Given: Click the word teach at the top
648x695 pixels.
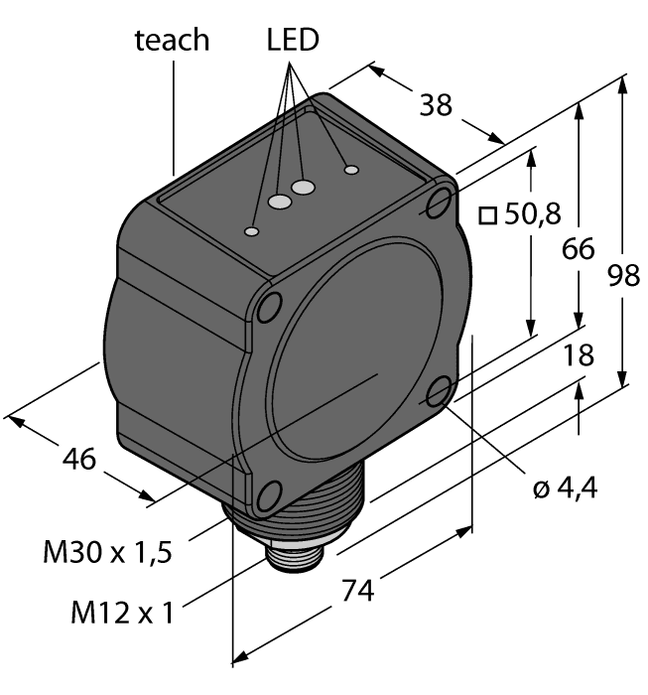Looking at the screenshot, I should point(172,40).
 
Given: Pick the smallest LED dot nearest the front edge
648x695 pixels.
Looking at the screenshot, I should point(253,232).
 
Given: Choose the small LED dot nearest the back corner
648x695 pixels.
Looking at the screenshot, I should point(350,171).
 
